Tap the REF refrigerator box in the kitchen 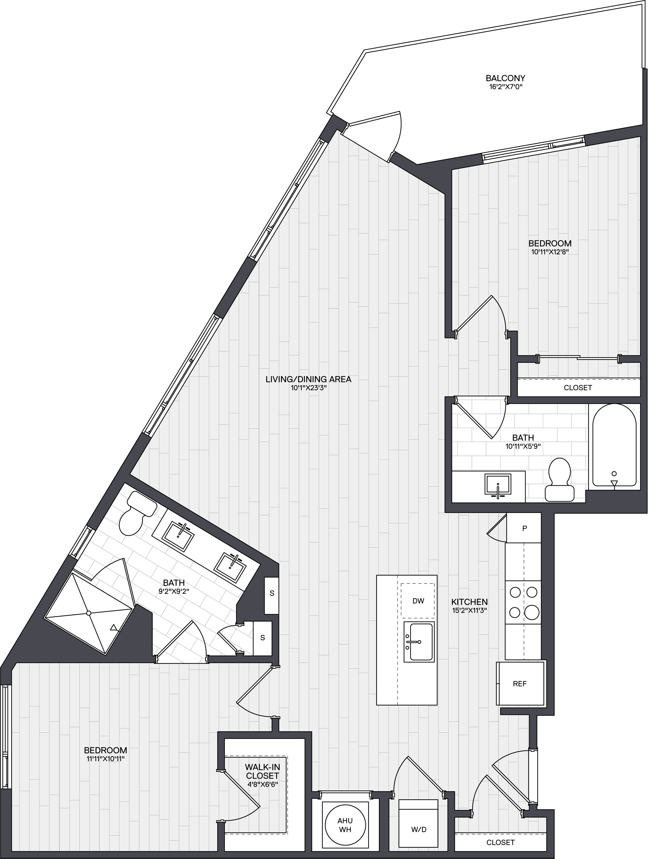520,684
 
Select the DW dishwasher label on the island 418,601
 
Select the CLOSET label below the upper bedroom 578,388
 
